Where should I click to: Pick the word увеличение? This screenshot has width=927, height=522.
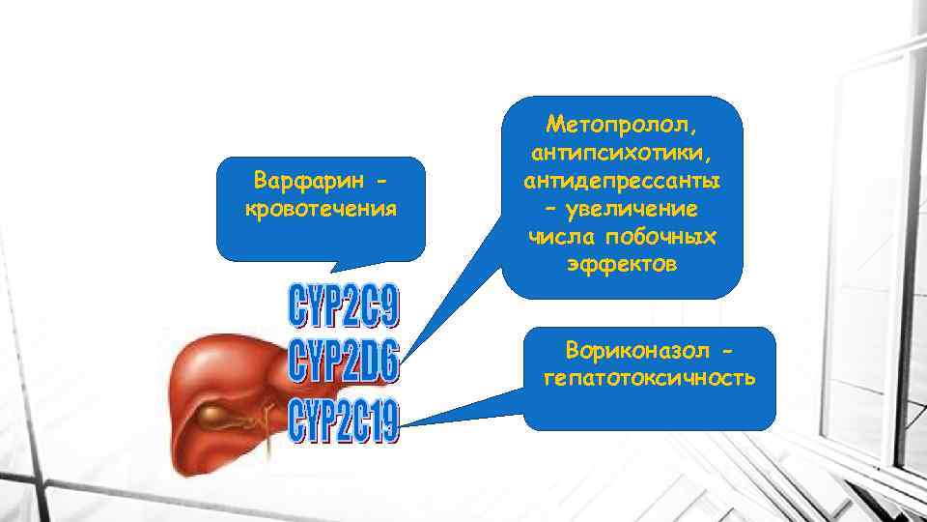tap(634, 209)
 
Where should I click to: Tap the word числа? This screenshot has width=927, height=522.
tap(559, 237)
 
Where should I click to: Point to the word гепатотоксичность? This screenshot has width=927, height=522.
tap(649, 376)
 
